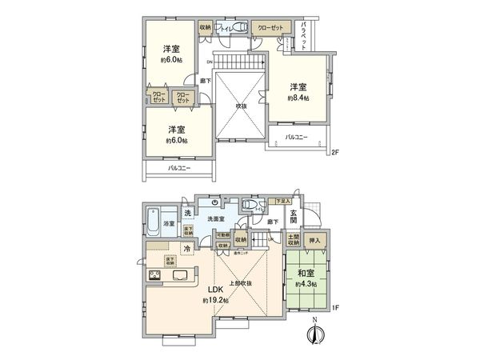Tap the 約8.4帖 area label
pos(298,98)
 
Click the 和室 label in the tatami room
pos(306,273)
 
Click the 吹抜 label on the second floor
pos(240,105)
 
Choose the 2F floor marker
pos(336,152)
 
